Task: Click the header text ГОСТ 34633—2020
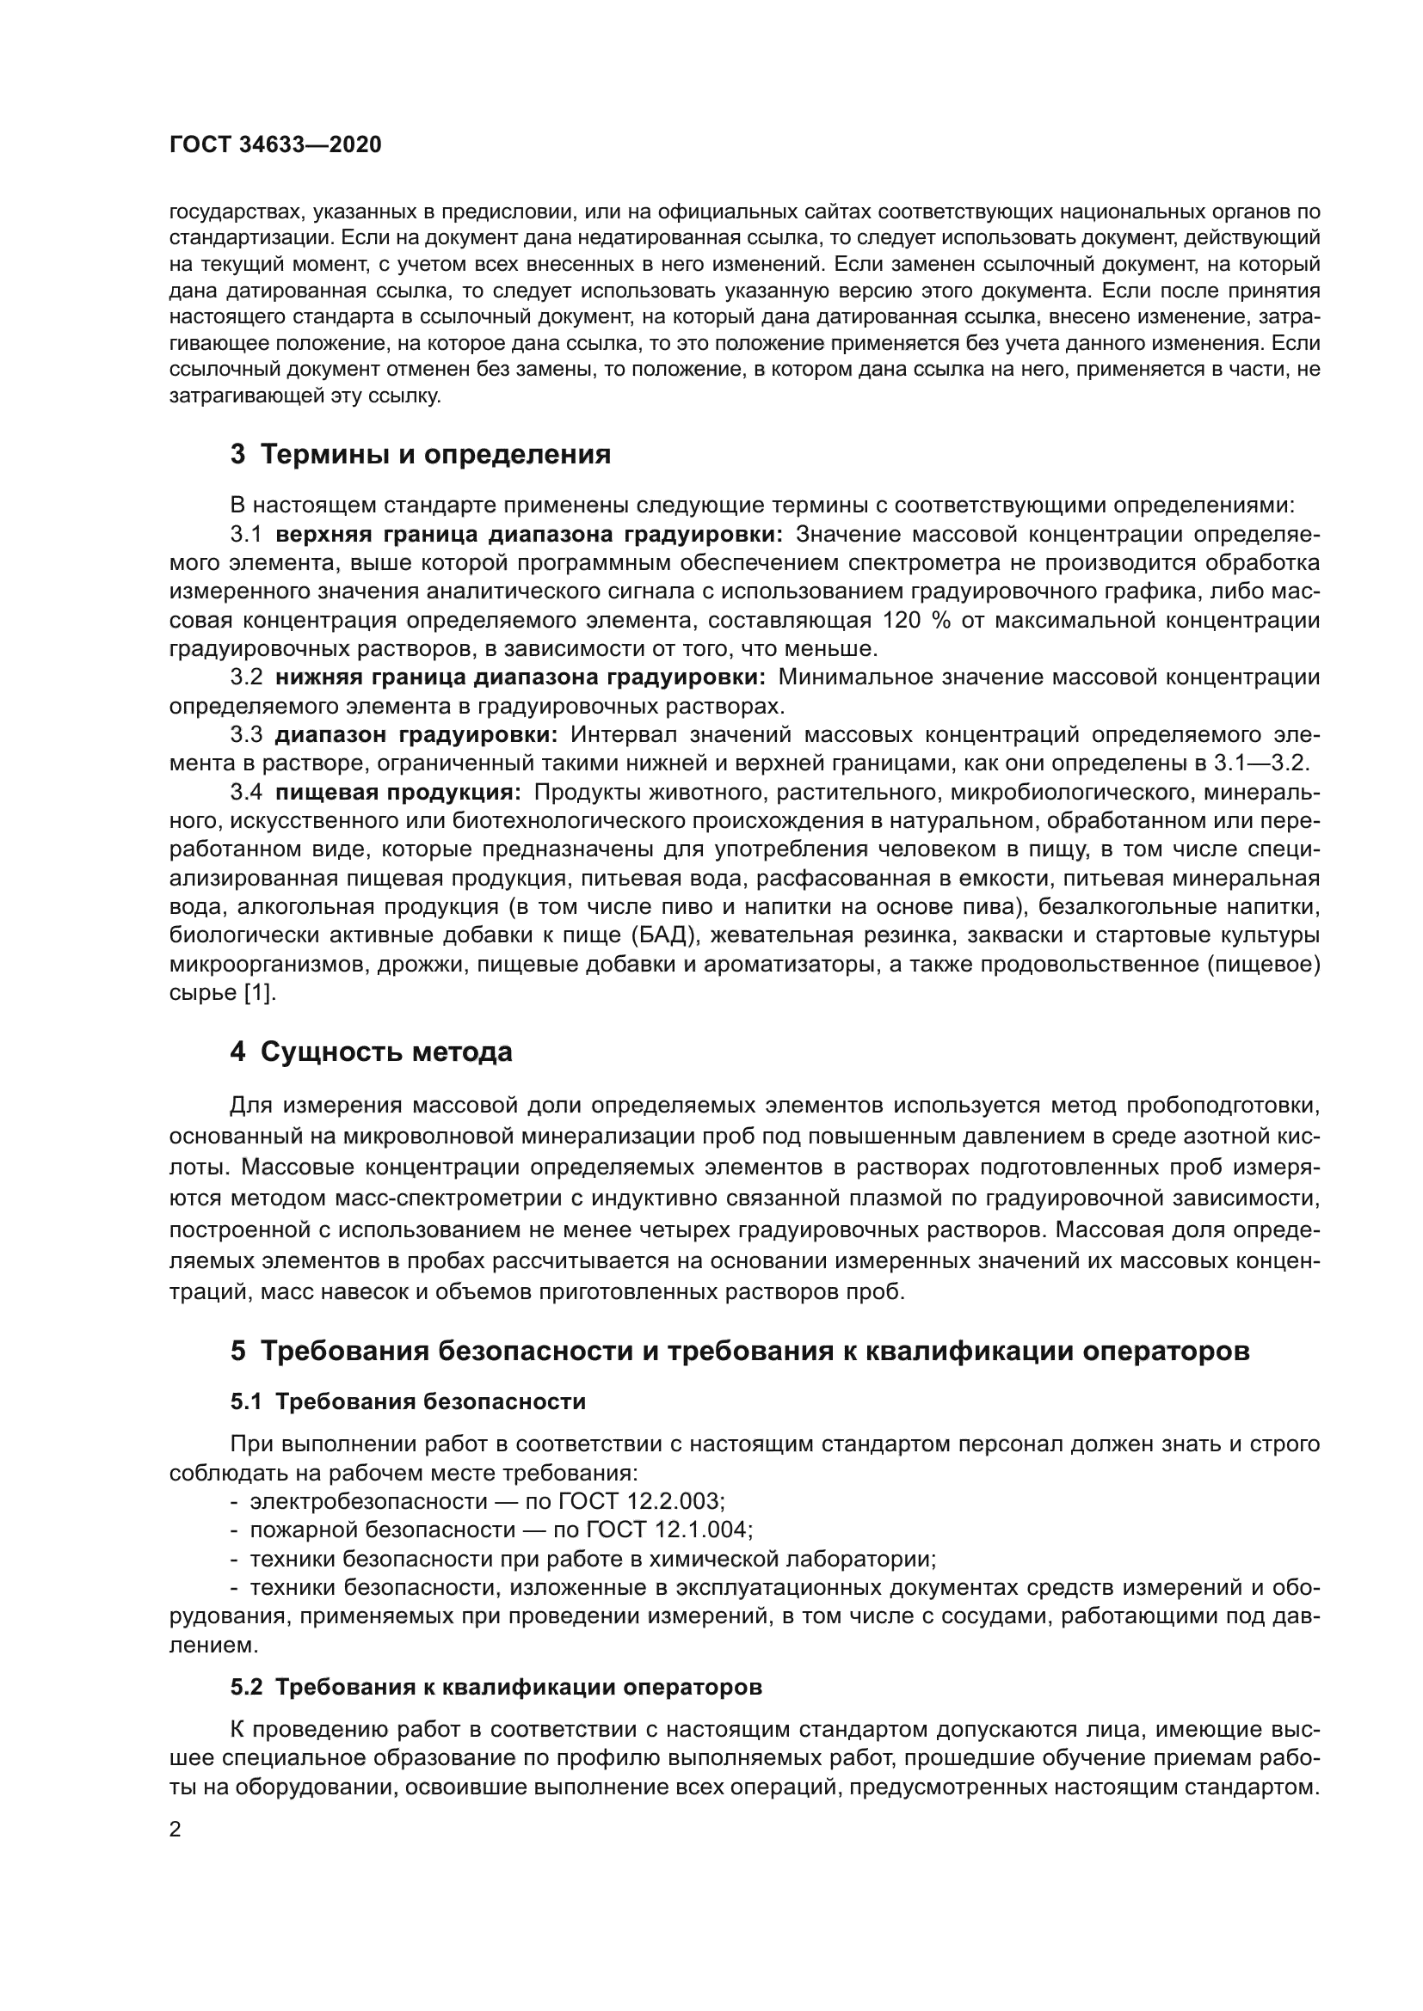point(275,144)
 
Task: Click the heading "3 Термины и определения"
point(420,455)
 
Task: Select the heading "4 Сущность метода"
point(371,1051)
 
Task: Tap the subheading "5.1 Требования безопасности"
point(408,1401)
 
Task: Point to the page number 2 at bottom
point(176,1830)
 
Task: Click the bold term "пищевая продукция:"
point(397,792)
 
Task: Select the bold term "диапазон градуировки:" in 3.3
point(416,734)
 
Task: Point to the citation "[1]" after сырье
point(259,992)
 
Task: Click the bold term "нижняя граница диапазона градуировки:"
point(520,677)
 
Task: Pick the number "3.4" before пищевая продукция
point(246,792)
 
